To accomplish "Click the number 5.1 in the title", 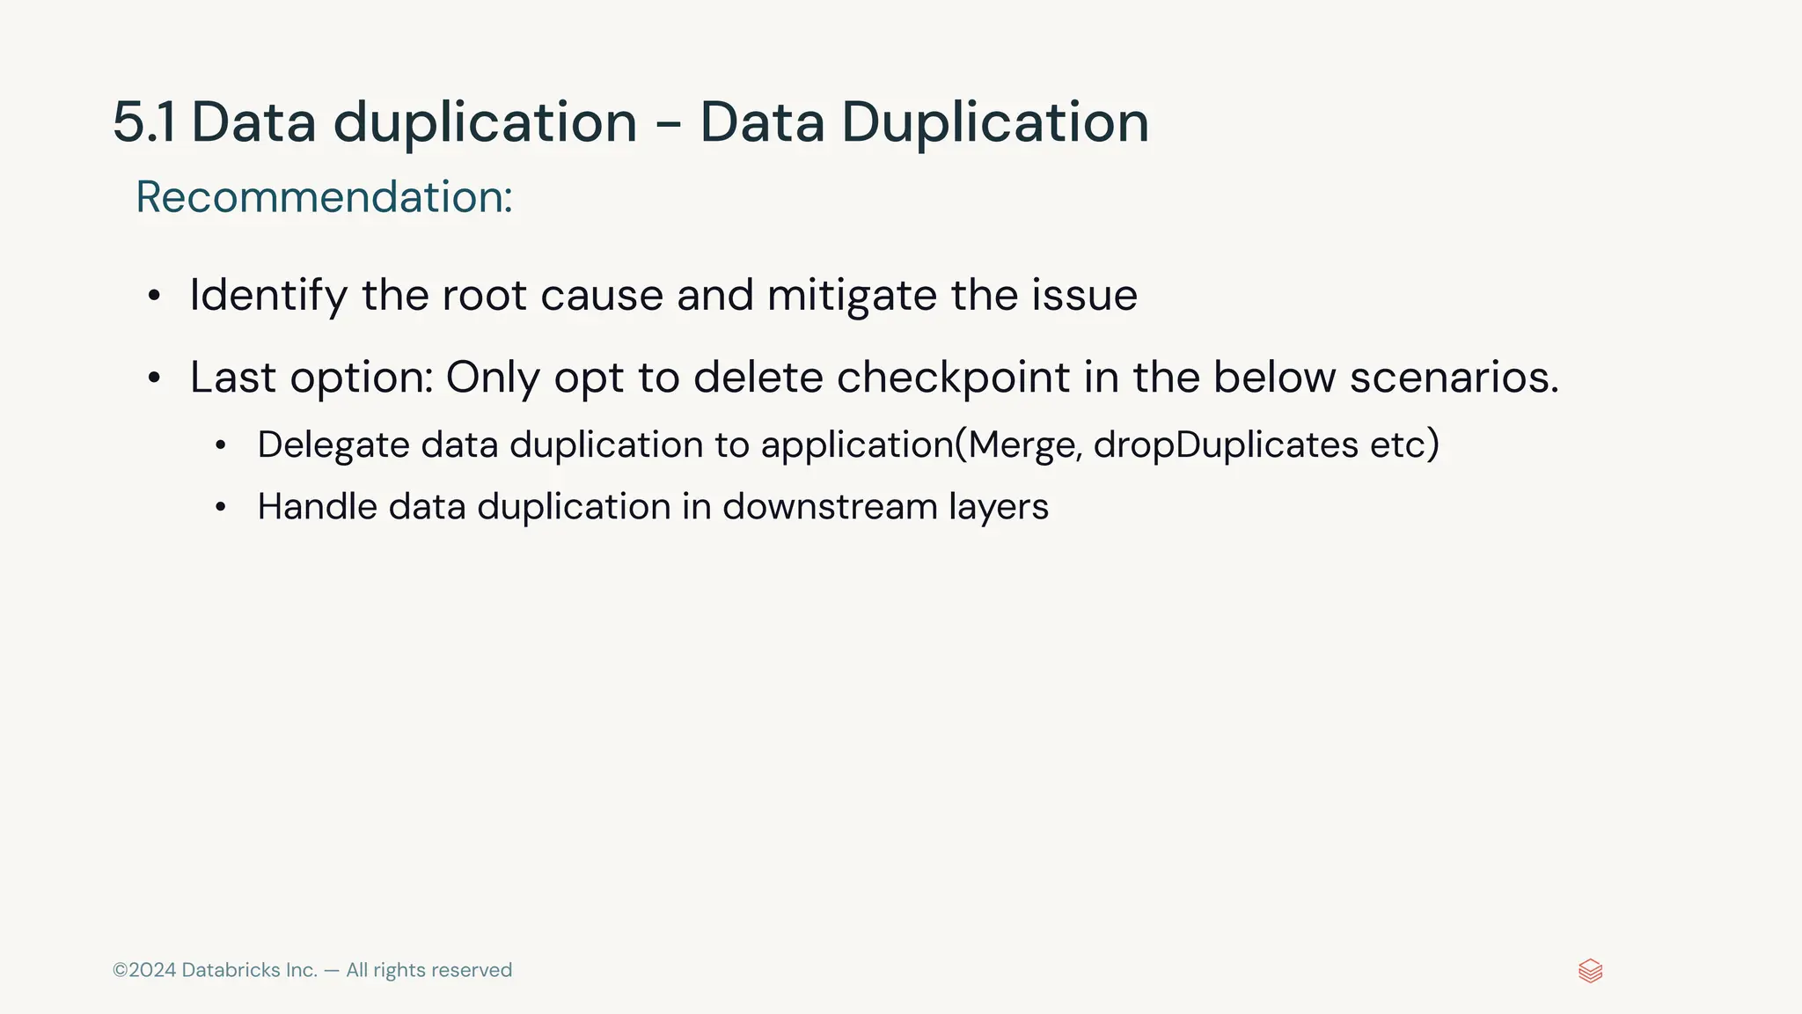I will [x=143, y=122].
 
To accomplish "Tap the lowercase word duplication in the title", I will [x=485, y=122].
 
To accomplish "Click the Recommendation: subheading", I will [x=324, y=196].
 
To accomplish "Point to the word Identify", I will [x=268, y=296].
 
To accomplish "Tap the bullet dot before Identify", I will [x=155, y=297].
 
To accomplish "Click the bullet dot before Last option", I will [x=155, y=378].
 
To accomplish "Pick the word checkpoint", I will [x=953, y=378].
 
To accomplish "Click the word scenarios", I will [x=1454, y=378].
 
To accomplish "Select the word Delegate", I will [x=333, y=445].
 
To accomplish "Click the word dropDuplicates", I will [x=1226, y=445].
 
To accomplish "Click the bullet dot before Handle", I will [x=221, y=507].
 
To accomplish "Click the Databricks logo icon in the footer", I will [x=1590, y=971].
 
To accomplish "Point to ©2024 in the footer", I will [x=144, y=970].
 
